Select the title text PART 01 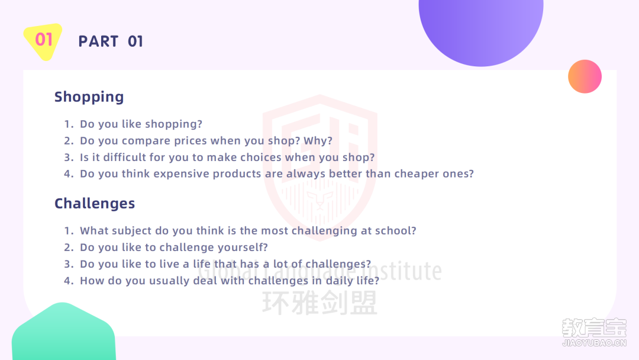(111, 41)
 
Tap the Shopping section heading (89, 97)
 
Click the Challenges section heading (95, 204)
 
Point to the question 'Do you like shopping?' (141, 124)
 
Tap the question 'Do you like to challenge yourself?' (174, 247)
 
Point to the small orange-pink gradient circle (585, 76)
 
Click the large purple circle (481, 28)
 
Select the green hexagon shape (63, 332)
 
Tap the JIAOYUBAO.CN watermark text (594, 343)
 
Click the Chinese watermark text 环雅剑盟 (320, 303)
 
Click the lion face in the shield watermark (320, 200)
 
